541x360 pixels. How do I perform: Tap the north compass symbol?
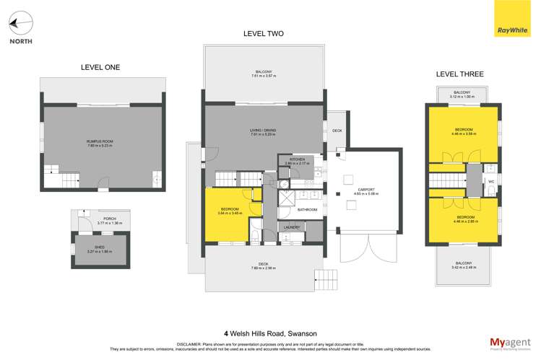point(20,25)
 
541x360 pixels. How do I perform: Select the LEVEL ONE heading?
point(100,67)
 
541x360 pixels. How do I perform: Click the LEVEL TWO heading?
point(263,34)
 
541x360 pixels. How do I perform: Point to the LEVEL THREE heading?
point(460,74)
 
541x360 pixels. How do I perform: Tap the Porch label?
point(110,220)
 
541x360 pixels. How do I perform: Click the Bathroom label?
point(307,210)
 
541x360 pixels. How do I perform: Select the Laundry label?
point(292,228)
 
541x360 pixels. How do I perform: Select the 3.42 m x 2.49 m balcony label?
point(463,265)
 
